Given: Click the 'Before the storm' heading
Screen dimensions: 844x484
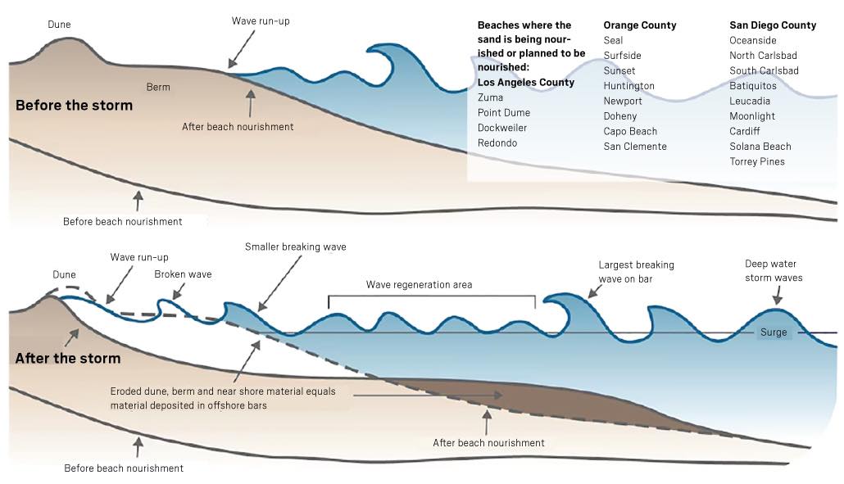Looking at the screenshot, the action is (74, 105).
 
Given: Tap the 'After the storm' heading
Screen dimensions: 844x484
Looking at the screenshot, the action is (68, 358).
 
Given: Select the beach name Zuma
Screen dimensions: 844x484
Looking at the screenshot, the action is (490, 97).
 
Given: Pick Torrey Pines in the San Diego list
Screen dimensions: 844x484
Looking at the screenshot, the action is (757, 161).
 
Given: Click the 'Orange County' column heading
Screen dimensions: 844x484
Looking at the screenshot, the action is (639, 25).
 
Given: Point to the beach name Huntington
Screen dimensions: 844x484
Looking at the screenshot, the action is (628, 85).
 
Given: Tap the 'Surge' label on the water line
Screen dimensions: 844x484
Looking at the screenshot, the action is (774, 332).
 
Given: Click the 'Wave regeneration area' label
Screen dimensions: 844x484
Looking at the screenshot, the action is (419, 284).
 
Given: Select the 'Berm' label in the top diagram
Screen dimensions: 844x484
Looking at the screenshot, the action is (158, 87).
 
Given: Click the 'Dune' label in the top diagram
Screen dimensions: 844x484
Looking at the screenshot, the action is (59, 25).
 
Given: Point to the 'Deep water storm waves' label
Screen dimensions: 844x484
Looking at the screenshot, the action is (774, 270).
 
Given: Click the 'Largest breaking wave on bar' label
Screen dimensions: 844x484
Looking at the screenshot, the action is (636, 272).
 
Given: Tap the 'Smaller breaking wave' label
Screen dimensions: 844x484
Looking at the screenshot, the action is (296, 247).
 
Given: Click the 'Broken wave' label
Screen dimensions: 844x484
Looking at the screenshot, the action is (183, 274).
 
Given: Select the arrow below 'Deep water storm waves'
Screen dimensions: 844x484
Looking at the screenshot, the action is (778, 296).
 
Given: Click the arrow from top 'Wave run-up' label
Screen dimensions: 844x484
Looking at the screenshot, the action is (242, 49).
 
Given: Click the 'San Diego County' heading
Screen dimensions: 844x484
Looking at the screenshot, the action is (773, 25).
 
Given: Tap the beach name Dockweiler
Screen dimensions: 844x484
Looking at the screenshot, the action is (502, 128).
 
